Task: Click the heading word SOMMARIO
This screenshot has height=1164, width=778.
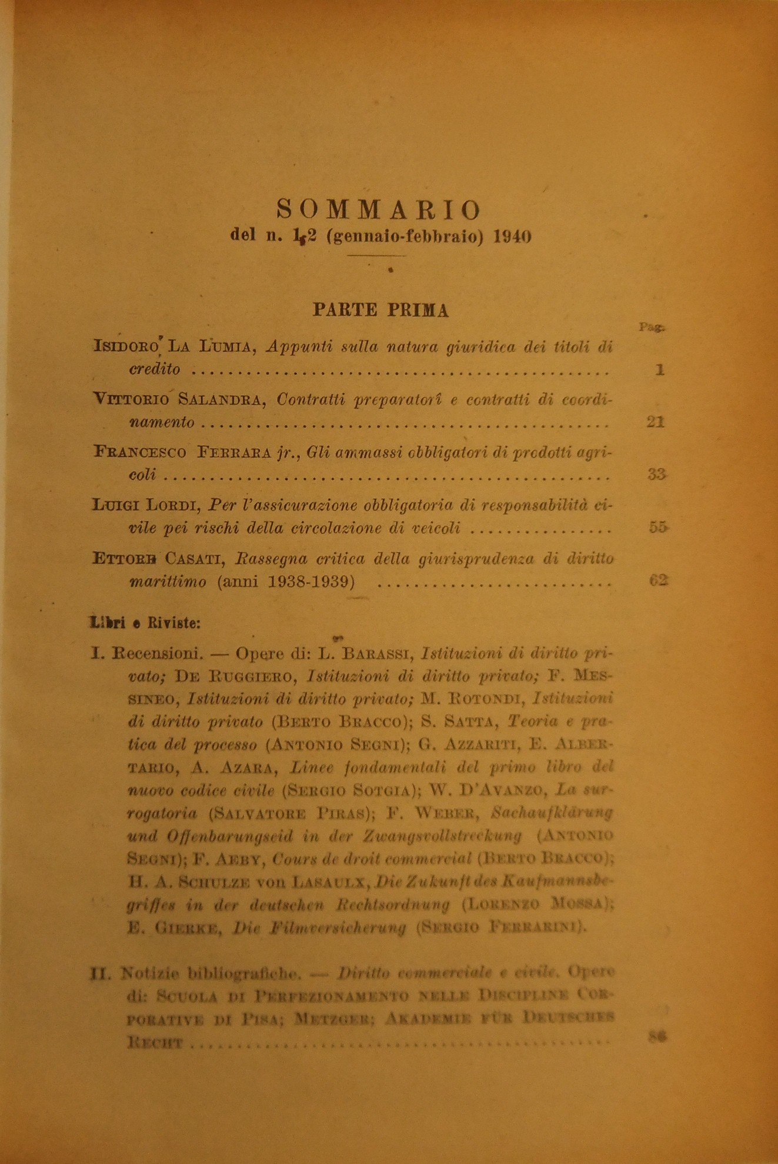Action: (x=379, y=209)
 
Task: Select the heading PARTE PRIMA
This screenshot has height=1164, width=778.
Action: (x=380, y=310)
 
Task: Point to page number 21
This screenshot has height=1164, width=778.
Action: (x=655, y=422)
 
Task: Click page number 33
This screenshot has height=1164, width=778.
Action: (x=656, y=474)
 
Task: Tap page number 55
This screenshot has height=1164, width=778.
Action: (x=658, y=528)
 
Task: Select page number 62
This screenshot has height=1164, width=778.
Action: (x=659, y=581)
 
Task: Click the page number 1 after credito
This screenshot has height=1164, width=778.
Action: (x=660, y=370)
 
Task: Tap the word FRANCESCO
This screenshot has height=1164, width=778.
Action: (x=140, y=452)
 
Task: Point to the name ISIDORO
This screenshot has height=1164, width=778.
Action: (x=126, y=347)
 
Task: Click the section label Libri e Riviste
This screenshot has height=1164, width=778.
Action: (x=145, y=623)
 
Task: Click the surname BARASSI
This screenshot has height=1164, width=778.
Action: (x=369, y=653)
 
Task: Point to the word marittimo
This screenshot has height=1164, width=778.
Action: (x=168, y=582)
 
